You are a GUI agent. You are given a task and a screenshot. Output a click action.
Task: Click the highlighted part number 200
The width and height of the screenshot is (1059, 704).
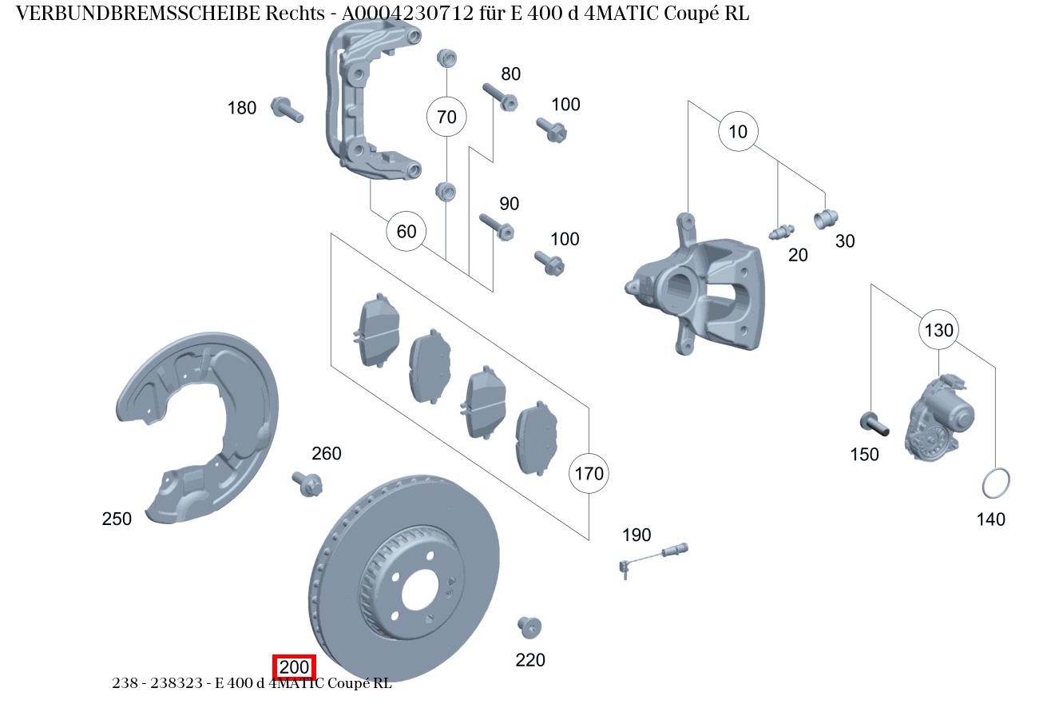click(x=295, y=667)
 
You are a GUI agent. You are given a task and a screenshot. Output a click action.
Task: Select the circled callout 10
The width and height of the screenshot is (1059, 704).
click(x=739, y=132)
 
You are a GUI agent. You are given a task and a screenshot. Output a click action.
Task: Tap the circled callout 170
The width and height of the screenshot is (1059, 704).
click(x=589, y=474)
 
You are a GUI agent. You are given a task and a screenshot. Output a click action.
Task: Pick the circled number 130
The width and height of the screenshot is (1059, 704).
click(x=939, y=330)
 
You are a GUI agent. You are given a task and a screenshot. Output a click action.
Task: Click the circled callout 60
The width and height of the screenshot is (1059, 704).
click(x=407, y=232)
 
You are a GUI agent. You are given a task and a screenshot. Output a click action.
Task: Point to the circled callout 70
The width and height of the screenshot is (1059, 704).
click(x=446, y=117)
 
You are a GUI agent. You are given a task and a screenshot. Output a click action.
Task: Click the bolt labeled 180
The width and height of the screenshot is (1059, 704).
click(x=287, y=109)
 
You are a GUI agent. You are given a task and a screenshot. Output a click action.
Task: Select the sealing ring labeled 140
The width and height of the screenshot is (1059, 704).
click(x=995, y=483)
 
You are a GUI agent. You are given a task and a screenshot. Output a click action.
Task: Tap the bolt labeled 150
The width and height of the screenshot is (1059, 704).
click(x=874, y=423)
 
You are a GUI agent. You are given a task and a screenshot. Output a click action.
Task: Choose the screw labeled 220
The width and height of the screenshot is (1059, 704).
click(x=529, y=626)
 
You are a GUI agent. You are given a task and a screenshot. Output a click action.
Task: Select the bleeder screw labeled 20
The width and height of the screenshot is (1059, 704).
click(x=780, y=233)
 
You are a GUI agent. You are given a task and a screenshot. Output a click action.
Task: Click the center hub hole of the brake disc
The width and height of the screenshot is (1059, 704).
click(x=420, y=591)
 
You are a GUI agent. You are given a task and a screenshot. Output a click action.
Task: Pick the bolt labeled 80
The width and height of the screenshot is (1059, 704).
click(x=501, y=97)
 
